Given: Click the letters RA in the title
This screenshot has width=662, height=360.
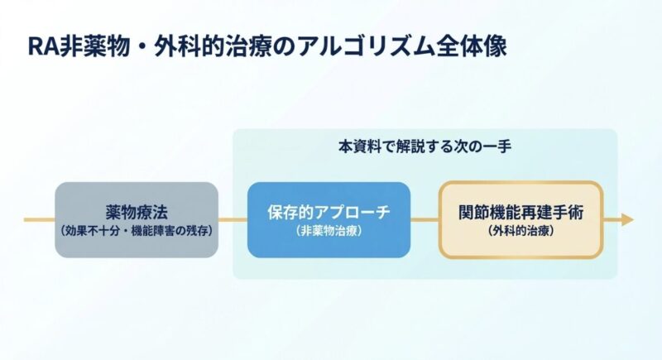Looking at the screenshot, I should [x=41, y=46].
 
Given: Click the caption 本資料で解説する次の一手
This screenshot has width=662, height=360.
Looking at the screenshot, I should [x=425, y=146].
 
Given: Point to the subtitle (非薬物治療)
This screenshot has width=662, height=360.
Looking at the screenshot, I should [x=329, y=233].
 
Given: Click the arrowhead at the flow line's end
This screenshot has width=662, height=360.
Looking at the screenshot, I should [x=626, y=220].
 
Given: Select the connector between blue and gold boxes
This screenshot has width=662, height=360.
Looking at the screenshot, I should [x=425, y=220].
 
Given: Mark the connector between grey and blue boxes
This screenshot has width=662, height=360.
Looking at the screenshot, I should [x=233, y=220].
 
